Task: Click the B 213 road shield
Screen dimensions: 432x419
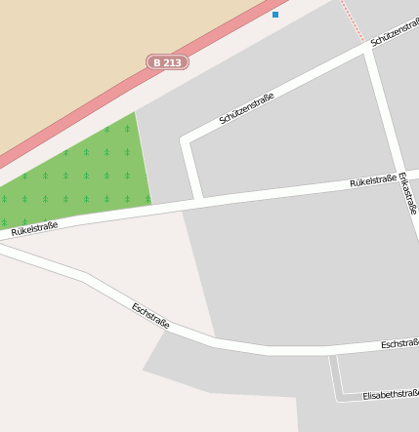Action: [x=167, y=62]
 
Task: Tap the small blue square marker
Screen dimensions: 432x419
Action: [x=275, y=15]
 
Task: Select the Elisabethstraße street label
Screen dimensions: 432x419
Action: [x=390, y=395]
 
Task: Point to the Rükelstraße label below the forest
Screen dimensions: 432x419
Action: [x=35, y=229]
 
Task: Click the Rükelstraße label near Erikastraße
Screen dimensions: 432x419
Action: [x=373, y=181]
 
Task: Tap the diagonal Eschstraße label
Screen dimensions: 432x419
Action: [x=150, y=315]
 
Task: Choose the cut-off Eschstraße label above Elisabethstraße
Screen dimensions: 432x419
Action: [x=399, y=344]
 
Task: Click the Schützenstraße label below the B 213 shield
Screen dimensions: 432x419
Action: [x=246, y=108]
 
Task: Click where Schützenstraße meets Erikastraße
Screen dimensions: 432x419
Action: [x=368, y=49]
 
